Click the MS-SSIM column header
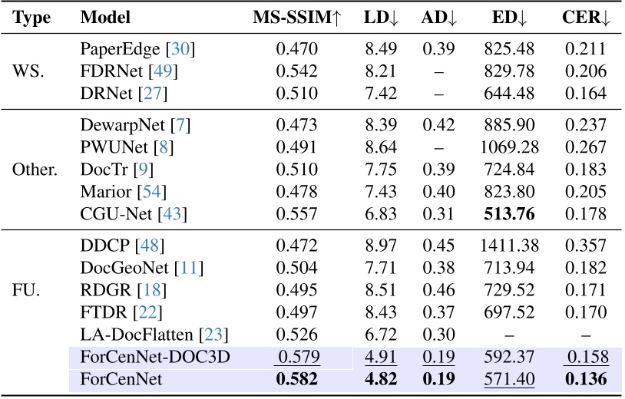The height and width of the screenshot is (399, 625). (x=296, y=17)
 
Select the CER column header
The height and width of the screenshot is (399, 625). (x=585, y=17)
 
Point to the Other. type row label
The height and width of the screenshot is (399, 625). (x=35, y=168)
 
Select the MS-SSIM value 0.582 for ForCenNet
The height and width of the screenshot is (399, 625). (x=296, y=378)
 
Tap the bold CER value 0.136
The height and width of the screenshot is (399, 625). (x=585, y=378)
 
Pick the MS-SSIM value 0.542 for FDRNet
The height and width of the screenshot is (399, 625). (x=296, y=72)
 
